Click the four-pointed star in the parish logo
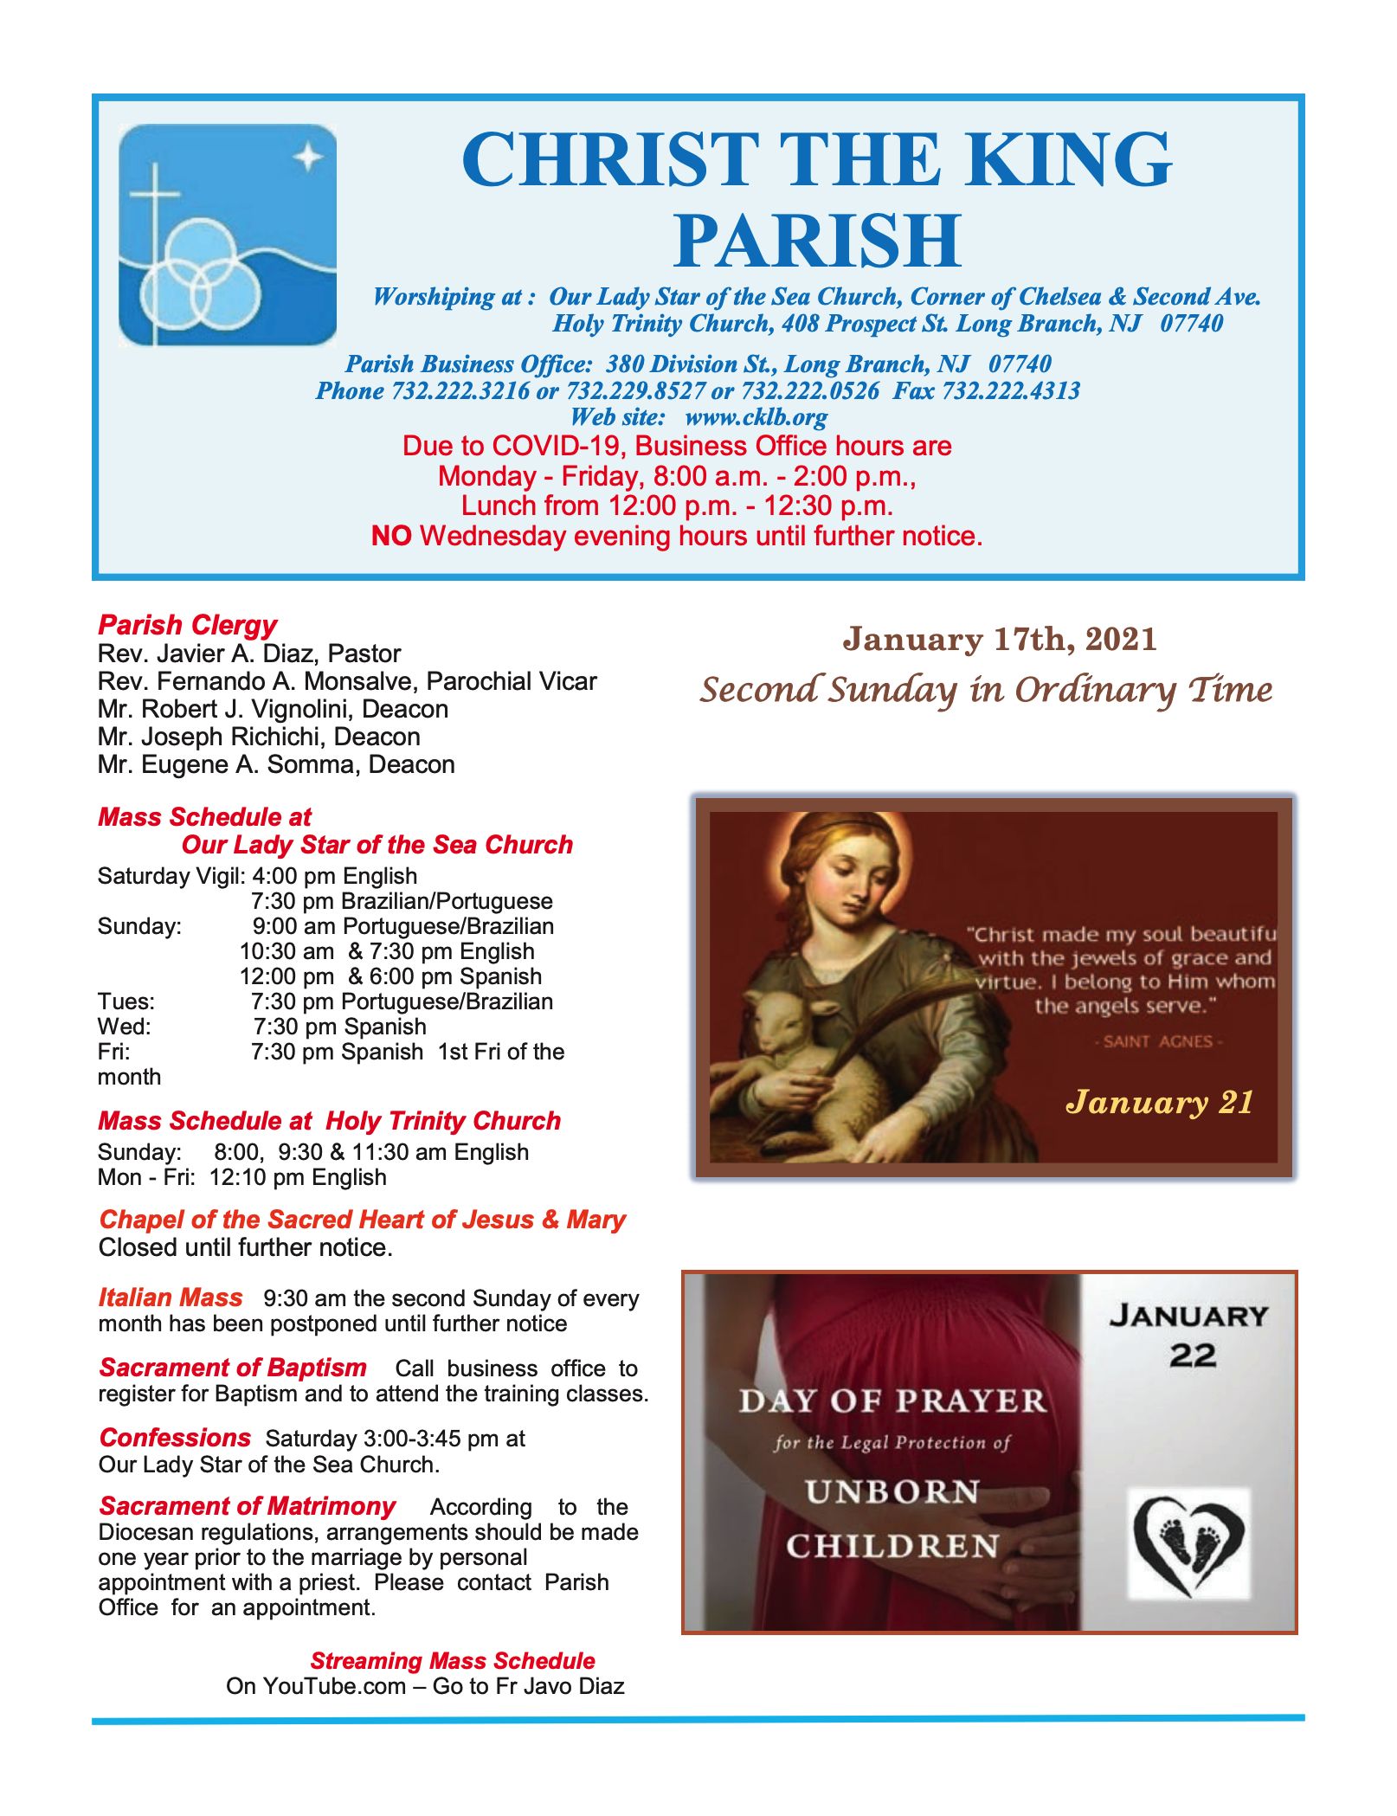[x=307, y=158]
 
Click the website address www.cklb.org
[x=756, y=417]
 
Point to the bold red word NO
[x=390, y=537]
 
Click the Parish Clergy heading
[x=187, y=625]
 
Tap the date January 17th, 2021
[x=1000, y=640]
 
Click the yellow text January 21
[x=1160, y=1102]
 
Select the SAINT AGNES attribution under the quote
[x=1158, y=1041]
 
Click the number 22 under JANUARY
[x=1192, y=1356]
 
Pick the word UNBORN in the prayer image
[x=892, y=1492]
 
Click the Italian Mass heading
[x=171, y=1298]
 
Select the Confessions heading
[x=175, y=1438]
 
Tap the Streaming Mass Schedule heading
[x=453, y=1661]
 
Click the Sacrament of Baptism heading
[x=233, y=1368]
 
